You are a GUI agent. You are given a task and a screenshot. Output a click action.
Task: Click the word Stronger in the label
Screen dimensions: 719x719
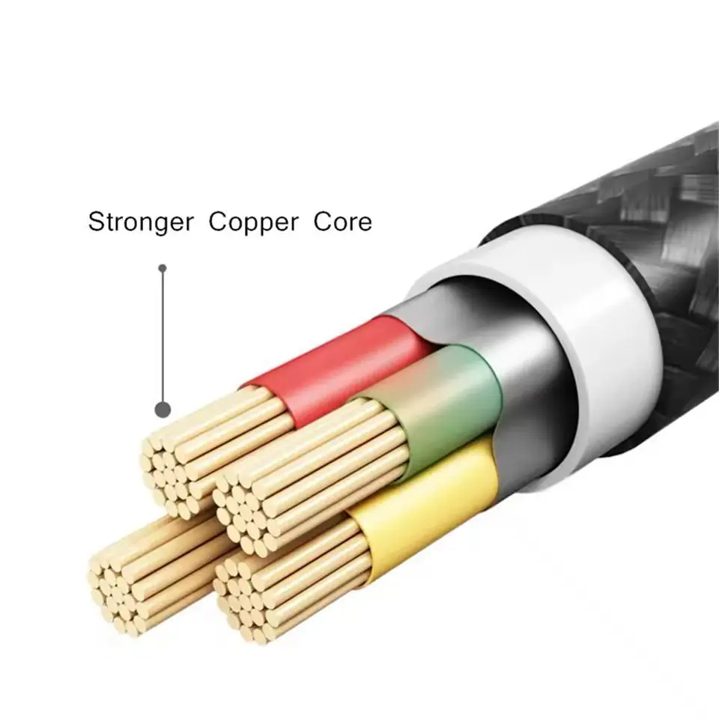pyautogui.click(x=141, y=222)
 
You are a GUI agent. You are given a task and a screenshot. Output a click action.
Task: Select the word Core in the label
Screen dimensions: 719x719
pyautogui.click(x=342, y=222)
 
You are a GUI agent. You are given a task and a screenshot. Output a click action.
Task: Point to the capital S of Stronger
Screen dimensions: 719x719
pyautogui.click(x=96, y=222)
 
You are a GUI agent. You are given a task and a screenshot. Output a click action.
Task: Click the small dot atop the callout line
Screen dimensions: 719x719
pyautogui.click(x=163, y=268)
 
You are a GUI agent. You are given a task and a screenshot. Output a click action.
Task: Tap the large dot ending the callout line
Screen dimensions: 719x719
pyautogui.click(x=163, y=410)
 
